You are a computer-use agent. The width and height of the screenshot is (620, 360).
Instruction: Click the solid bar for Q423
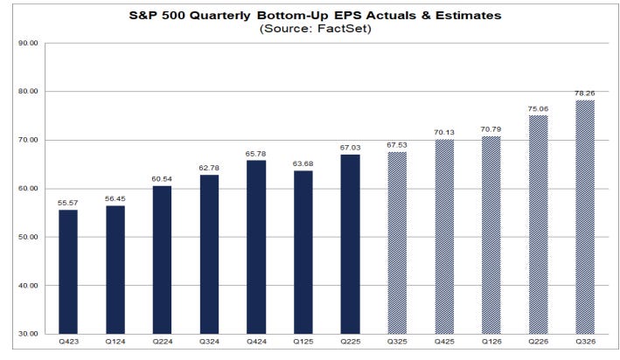tap(68, 272)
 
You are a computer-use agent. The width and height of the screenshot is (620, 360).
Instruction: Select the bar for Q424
tap(256, 247)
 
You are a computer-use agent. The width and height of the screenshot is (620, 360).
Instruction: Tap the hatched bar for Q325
tap(397, 243)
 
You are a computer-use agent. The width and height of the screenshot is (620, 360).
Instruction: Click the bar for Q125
tap(303, 253)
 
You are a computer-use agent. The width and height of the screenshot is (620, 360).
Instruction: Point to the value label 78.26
tap(585, 92)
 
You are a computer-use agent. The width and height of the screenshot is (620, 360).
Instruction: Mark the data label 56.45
tap(115, 197)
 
